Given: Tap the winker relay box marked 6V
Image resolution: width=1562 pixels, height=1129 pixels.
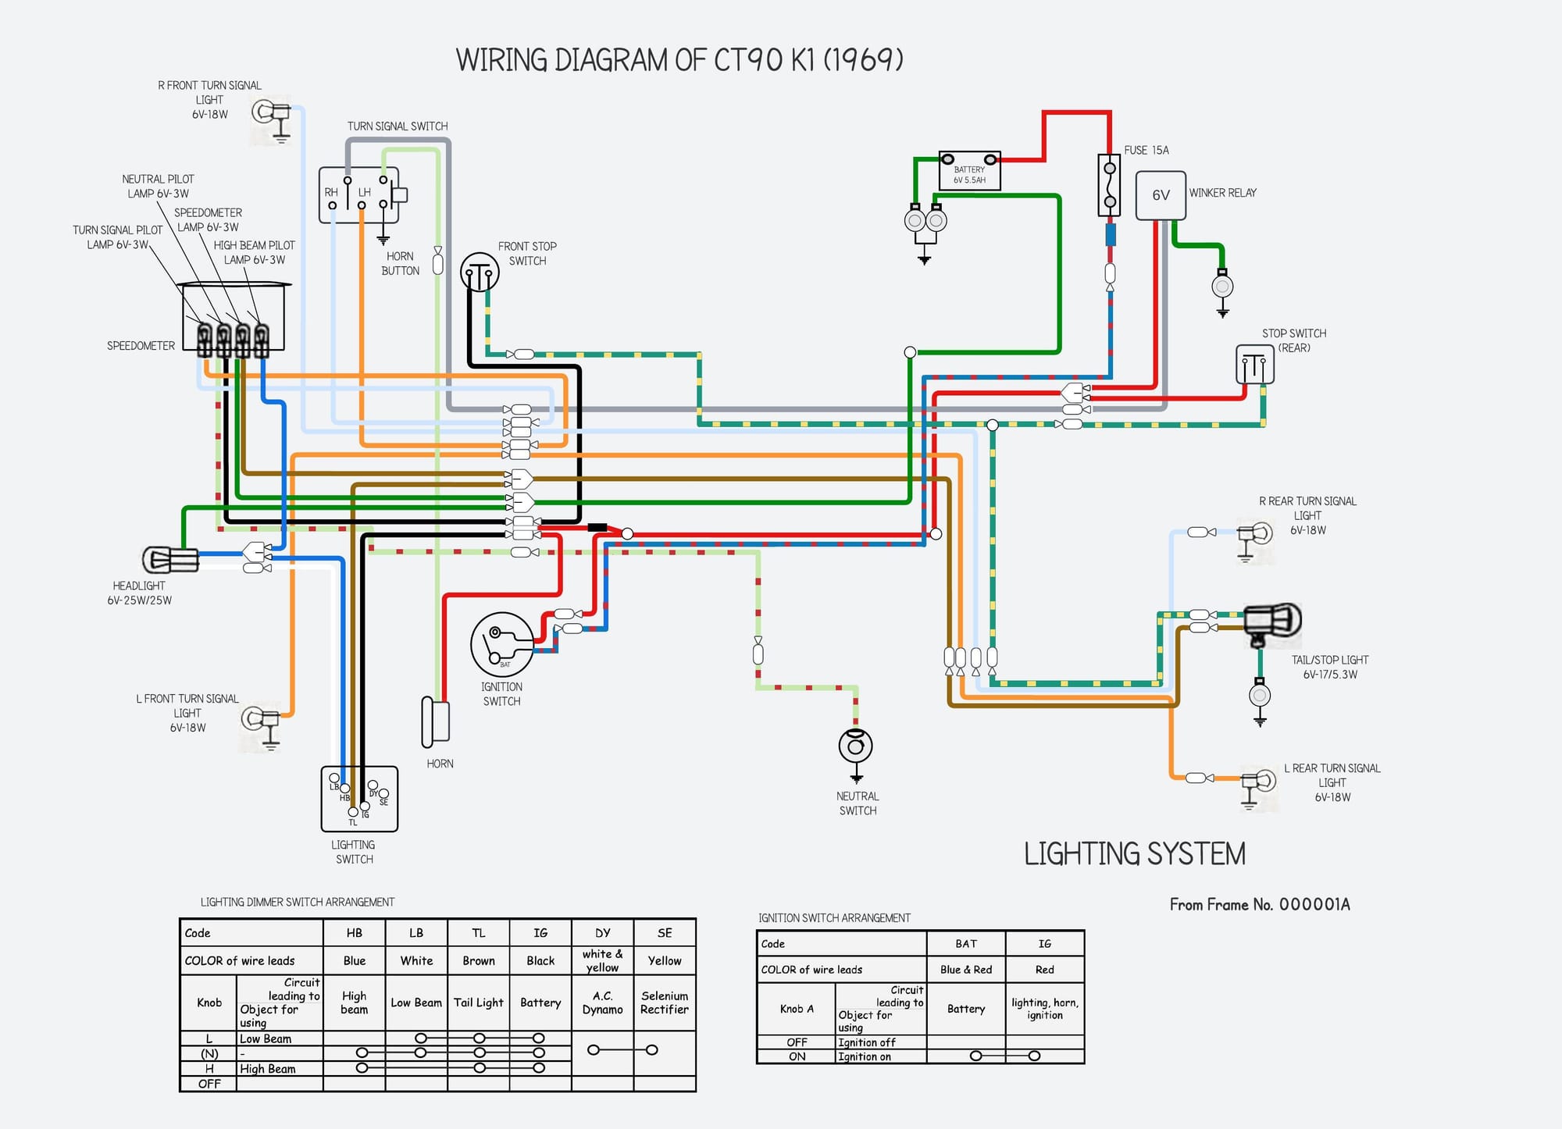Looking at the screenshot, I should coord(1161,195).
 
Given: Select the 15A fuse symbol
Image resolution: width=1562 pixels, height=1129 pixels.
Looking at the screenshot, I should coord(1109,186).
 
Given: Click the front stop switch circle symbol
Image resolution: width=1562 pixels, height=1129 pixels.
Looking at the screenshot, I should coord(480,272).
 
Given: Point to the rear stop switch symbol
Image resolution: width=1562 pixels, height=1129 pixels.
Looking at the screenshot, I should coord(1254,365).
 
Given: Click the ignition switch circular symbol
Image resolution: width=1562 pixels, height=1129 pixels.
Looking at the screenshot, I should coord(502,645).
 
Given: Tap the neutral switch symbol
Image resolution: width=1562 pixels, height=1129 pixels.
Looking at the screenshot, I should coord(855,746).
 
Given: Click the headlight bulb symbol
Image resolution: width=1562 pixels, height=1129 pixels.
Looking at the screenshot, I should coord(169,559).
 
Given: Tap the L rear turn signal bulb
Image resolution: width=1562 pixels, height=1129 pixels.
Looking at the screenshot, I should coord(1258,781).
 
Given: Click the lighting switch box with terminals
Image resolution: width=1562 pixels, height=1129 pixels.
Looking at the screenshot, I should coord(359,799).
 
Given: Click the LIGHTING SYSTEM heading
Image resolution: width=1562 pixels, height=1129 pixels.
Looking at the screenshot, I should coord(1134,854).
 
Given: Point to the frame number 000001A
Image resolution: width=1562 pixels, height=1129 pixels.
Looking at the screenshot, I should coord(1314,905).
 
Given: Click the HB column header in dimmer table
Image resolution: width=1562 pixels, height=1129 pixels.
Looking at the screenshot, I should coord(354,933).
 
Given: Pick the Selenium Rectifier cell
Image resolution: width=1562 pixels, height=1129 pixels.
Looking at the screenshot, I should coord(665,1003).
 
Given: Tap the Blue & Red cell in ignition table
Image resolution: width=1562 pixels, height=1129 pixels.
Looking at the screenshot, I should coord(966,970).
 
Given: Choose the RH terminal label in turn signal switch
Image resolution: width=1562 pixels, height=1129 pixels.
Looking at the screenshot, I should coord(331,192).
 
